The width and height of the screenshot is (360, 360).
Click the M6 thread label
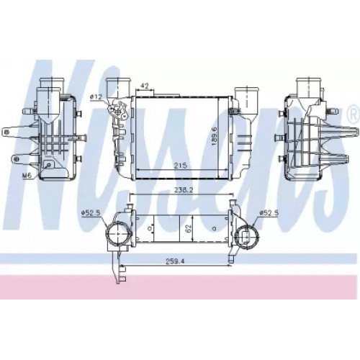point(27,174)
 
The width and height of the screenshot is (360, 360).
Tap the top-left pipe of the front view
point(117,86)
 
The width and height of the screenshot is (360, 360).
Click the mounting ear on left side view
point(13,131)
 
